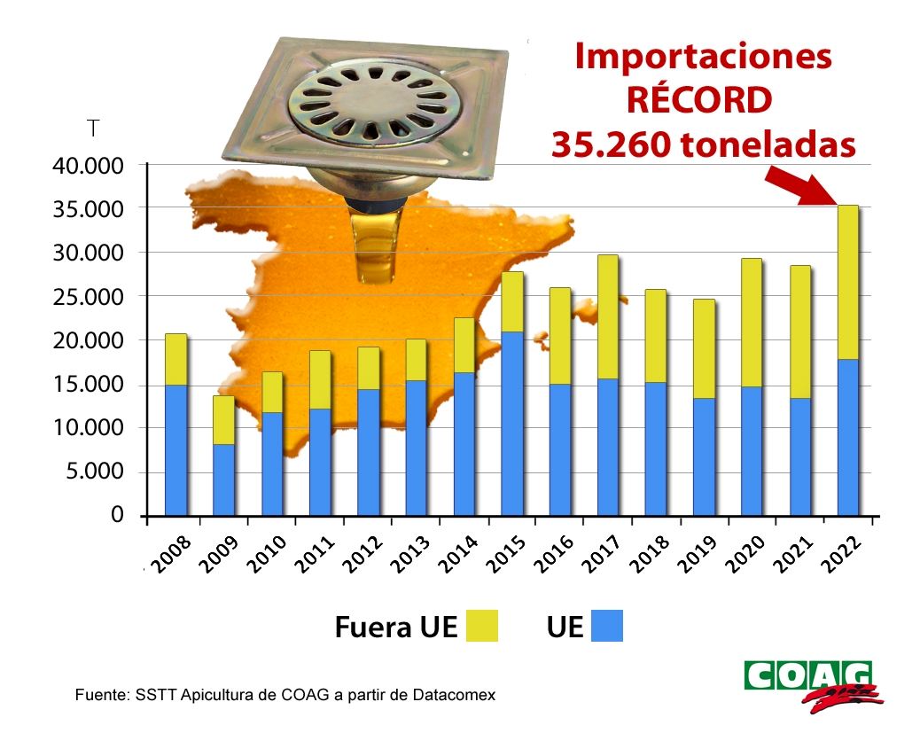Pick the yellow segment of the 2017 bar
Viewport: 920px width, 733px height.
(x=607, y=316)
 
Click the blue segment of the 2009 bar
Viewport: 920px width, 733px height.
(x=223, y=479)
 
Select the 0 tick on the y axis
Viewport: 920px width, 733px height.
(x=117, y=515)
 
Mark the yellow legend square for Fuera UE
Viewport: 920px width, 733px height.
(x=480, y=625)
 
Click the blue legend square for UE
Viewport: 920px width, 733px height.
(x=607, y=625)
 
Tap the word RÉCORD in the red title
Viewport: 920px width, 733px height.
(x=699, y=100)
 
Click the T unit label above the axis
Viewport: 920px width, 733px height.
(x=93, y=129)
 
